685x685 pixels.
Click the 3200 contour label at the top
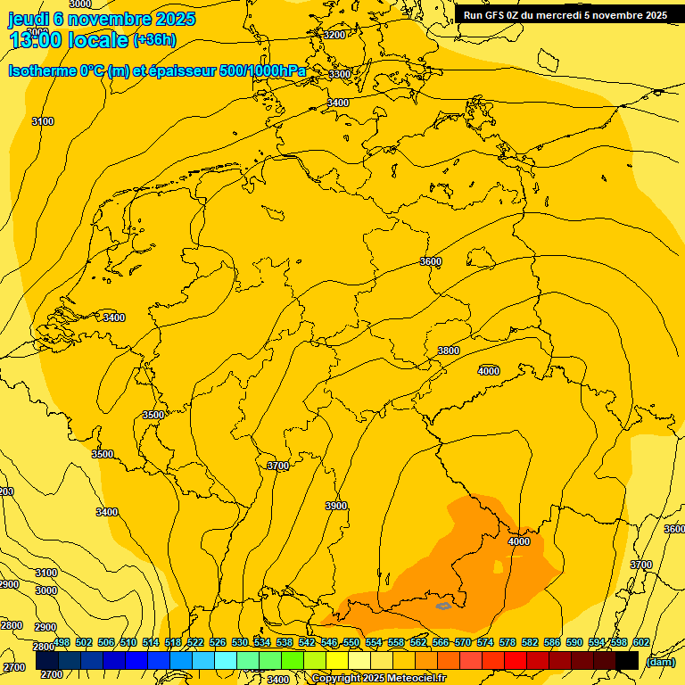click(x=334, y=35)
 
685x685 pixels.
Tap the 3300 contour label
click(x=340, y=74)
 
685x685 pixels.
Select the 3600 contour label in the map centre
click(x=431, y=261)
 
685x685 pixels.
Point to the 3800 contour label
click(x=449, y=351)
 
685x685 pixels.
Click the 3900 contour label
click(x=336, y=506)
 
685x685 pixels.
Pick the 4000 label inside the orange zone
click(x=518, y=541)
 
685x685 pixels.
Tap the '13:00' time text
click(x=36, y=40)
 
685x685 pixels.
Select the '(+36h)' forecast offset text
click(x=154, y=40)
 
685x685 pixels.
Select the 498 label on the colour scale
click(x=62, y=642)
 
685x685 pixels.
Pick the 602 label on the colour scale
click(x=641, y=642)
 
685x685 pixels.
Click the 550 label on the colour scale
click(x=351, y=642)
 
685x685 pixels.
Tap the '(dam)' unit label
click(x=661, y=662)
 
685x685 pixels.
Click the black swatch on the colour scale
click(x=627, y=660)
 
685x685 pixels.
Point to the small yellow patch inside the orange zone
click(x=498, y=566)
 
